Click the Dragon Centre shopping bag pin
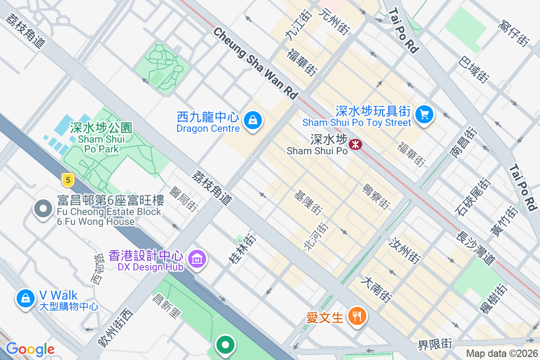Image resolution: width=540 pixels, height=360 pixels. (253, 120)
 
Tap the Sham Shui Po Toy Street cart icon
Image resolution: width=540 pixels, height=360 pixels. (423, 114)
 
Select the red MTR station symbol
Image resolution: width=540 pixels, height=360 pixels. (356, 144)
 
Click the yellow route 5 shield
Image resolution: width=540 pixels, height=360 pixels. (67, 180)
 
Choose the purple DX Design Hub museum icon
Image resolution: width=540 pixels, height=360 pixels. (197, 259)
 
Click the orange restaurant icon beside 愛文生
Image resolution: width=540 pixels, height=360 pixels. (357, 316)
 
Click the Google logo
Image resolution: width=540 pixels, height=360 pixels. (30, 349)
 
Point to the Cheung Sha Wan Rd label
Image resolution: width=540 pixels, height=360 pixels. (255, 63)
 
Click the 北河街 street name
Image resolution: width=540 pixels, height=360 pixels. (316, 236)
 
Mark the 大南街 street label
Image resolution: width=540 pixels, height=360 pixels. (377, 289)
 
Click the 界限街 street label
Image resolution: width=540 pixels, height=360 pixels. (435, 345)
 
